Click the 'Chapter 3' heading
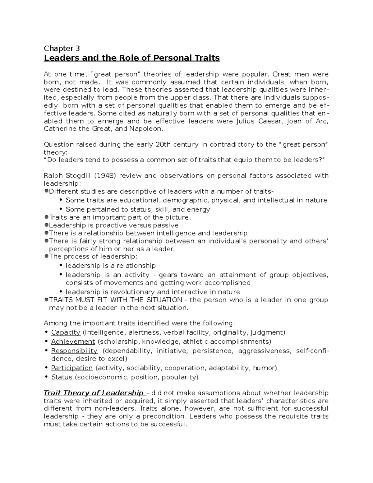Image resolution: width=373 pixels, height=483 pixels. (x=62, y=49)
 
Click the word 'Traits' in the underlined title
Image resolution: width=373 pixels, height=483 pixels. (x=205, y=58)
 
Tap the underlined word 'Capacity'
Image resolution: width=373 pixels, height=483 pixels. (x=66, y=332)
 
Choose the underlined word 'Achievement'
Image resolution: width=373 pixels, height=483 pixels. (x=73, y=342)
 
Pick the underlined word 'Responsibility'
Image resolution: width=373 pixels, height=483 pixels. (x=74, y=351)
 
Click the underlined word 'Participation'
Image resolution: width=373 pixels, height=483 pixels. (x=72, y=368)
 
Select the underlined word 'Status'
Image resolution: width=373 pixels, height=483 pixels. (x=62, y=378)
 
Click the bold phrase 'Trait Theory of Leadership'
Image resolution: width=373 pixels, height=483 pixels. (x=94, y=393)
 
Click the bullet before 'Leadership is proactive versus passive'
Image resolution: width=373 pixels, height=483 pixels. (x=46, y=225)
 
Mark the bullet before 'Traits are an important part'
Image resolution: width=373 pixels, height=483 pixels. (x=46, y=217)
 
